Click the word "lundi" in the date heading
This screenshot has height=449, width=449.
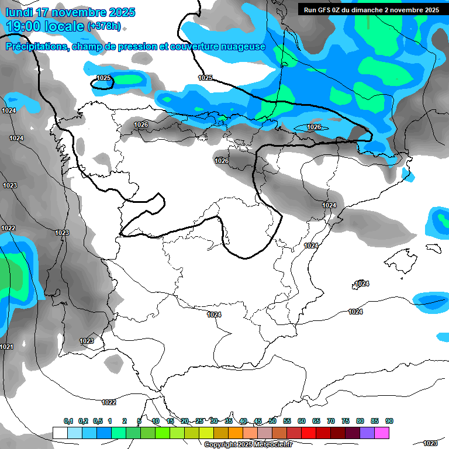click(19, 12)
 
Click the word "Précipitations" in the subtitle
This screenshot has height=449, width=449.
click(36, 46)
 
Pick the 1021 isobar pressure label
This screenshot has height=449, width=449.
click(6, 347)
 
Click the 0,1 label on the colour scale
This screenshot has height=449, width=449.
click(68, 421)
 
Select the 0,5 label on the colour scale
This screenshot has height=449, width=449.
click(97, 421)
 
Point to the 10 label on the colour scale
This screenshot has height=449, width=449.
click(156, 421)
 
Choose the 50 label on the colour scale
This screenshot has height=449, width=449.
click(272, 421)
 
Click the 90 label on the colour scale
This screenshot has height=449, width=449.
click(389, 421)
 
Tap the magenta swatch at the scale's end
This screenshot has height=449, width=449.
click(382, 433)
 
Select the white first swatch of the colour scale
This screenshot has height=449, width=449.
click(60, 433)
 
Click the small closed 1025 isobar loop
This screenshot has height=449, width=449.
click(103, 84)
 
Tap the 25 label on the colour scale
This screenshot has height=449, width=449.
click(199, 421)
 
